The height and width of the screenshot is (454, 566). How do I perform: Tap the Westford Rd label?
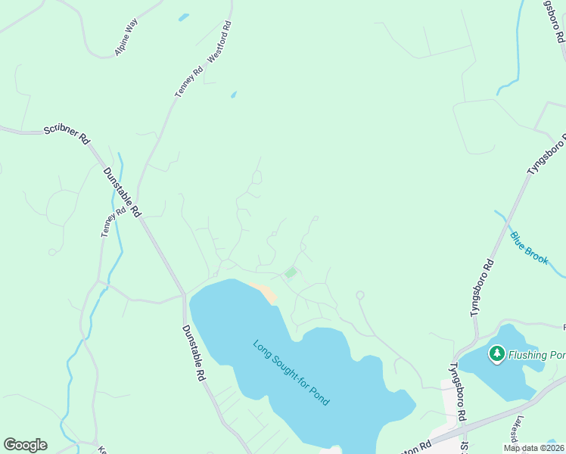pos(219,41)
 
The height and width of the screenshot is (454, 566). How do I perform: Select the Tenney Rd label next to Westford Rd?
pos(188,81)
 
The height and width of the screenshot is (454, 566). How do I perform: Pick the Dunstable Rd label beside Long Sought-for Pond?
pos(194,353)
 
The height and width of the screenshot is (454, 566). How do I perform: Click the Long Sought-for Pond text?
pos(291,372)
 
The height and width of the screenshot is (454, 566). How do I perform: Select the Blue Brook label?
pos(528,247)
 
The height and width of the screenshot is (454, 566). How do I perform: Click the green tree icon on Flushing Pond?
pos(496,353)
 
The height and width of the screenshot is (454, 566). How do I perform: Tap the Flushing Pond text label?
pos(536,354)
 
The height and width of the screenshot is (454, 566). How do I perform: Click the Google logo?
pos(25,445)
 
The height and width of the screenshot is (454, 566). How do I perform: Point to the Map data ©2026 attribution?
pos(533,448)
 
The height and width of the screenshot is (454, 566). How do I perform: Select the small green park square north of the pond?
pos(291,272)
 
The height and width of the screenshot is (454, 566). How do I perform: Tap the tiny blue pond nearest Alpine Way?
pos(183,17)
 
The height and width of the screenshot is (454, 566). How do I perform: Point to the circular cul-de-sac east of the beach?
pos(360,295)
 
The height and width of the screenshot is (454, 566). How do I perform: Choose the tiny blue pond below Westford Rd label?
pos(233,95)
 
